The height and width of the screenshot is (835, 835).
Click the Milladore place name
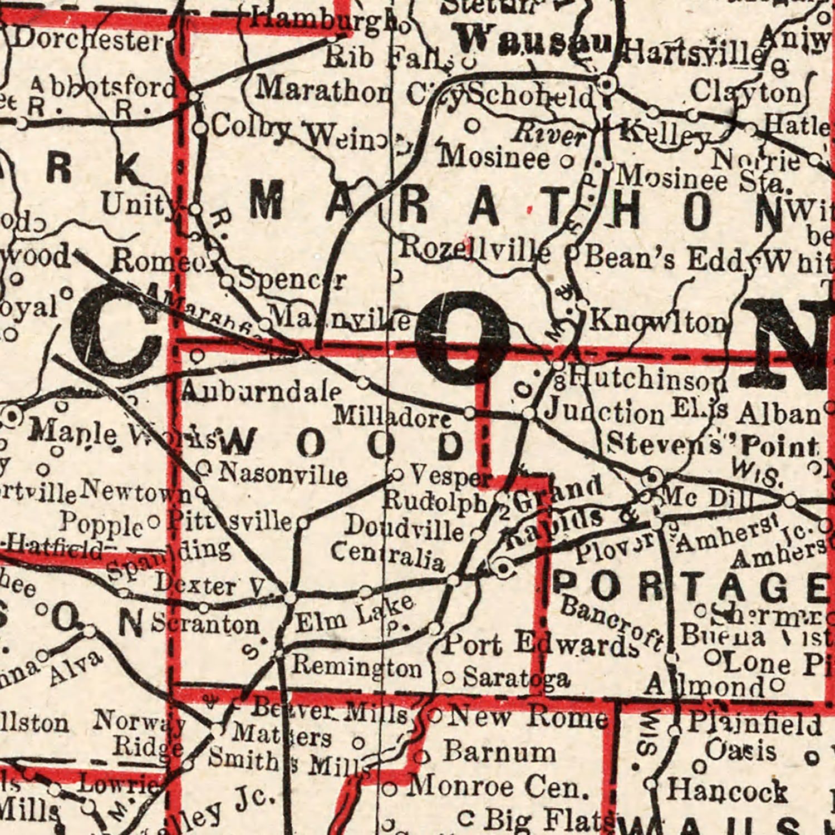coord(392,417)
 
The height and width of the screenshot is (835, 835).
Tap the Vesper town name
coord(450,476)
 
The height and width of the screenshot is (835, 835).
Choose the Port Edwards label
coord(540,645)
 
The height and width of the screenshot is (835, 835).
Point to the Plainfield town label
coord(754,724)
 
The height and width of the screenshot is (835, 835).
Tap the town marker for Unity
coord(195,209)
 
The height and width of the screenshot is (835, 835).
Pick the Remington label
coord(357,666)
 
